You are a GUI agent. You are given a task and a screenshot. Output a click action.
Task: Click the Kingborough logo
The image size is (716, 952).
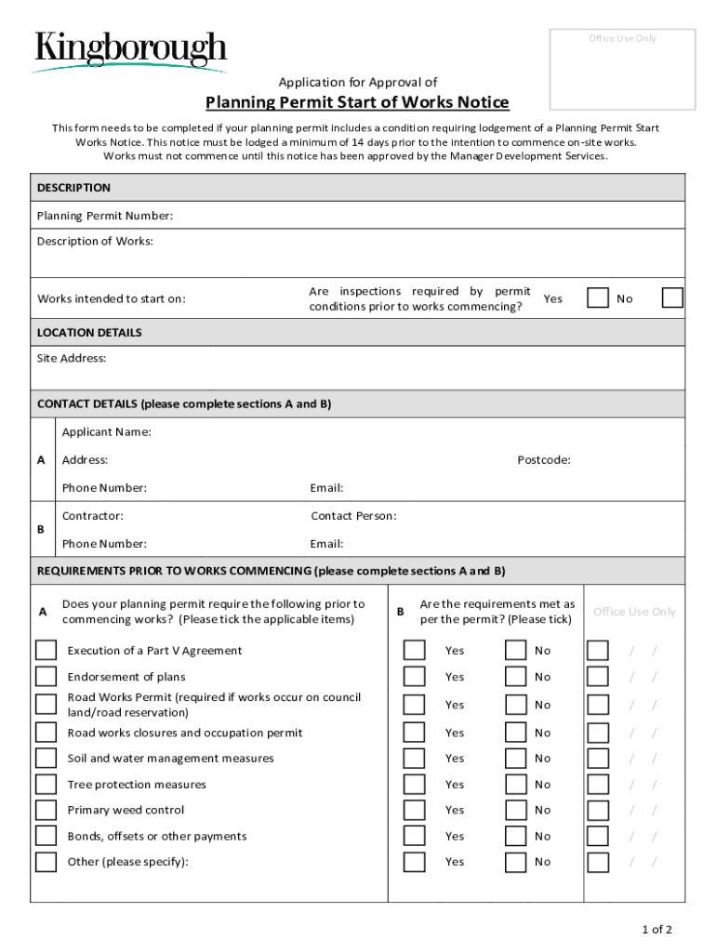point(130,51)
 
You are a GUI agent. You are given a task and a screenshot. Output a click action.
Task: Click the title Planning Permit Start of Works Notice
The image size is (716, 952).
point(357,102)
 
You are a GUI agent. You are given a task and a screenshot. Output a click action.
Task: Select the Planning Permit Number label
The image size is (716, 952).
point(105,216)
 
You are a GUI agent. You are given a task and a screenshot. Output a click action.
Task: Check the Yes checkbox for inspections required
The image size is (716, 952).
point(598,297)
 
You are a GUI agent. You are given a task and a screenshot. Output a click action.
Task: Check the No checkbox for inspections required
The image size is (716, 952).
point(672,297)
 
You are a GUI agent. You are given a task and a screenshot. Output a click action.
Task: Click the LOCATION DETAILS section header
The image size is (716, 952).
point(89,332)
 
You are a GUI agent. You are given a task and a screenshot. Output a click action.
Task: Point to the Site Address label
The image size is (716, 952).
point(72,358)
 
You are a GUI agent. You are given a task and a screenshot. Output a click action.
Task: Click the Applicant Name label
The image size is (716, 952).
point(107,431)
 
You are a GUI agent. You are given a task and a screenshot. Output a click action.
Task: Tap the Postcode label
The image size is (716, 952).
point(544,460)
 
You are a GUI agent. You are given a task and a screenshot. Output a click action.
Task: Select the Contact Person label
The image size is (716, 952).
point(353,516)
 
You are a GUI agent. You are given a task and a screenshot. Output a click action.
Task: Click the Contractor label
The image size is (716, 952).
point(93,516)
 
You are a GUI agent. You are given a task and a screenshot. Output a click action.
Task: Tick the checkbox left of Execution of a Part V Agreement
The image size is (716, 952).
point(46,650)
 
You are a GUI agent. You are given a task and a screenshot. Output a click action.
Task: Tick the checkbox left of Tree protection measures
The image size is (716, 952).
point(46,785)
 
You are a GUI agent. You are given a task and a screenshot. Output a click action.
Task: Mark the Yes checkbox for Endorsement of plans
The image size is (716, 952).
point(415,676)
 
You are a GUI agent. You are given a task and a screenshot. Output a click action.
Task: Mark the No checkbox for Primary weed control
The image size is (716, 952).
point(516,810)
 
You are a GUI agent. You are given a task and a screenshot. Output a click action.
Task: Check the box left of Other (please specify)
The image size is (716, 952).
point(46,862)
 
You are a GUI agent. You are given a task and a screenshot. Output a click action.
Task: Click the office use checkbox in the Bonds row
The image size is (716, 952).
point(598,836)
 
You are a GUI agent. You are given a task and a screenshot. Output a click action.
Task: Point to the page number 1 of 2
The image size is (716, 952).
point(656,929)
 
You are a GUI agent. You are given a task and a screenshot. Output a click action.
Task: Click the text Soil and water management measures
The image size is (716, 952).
point(170,759)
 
